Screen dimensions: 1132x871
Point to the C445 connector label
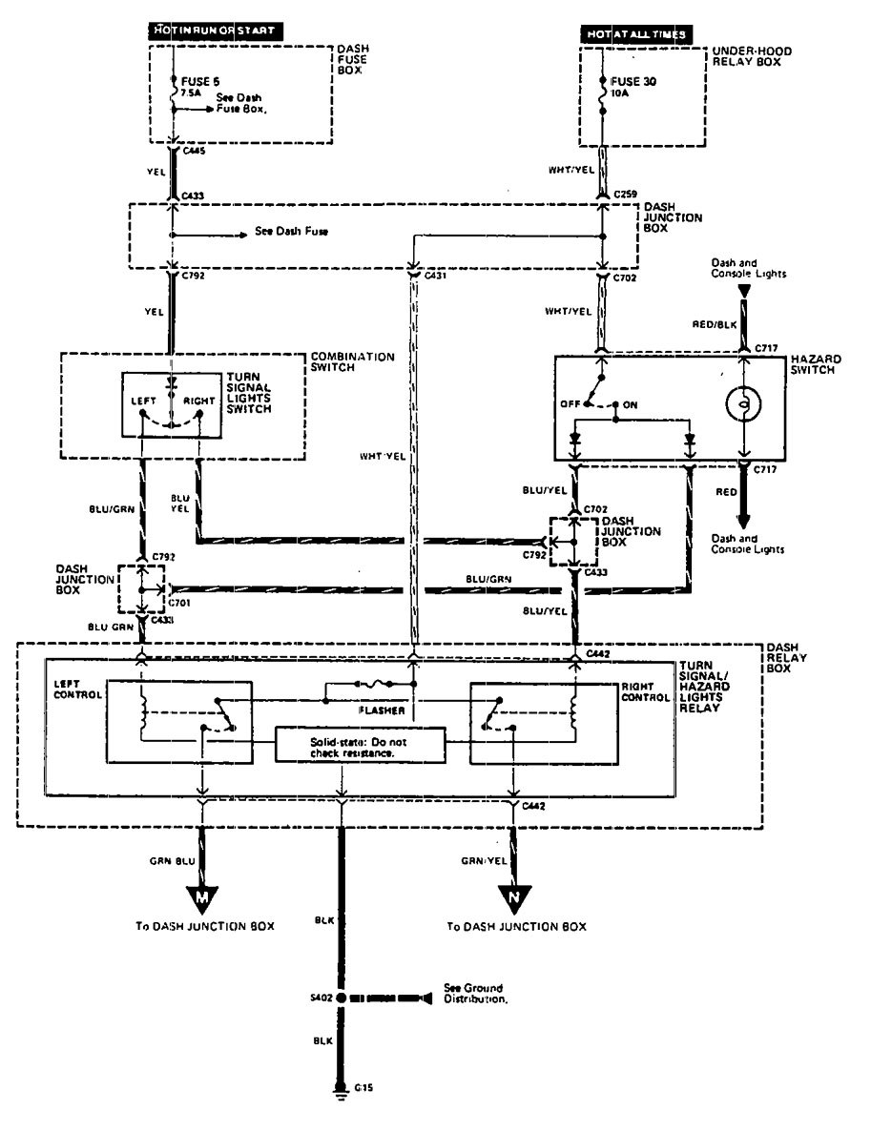click(193, 151)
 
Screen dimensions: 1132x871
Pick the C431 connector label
click(436, 276)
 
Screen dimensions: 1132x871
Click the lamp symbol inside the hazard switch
click(743, 403)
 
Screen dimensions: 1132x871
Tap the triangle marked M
click(202, 897)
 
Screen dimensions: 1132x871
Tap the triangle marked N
click(515, 897)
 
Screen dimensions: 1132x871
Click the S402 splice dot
click(342, 998)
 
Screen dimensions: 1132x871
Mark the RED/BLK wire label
click(719, 323)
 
